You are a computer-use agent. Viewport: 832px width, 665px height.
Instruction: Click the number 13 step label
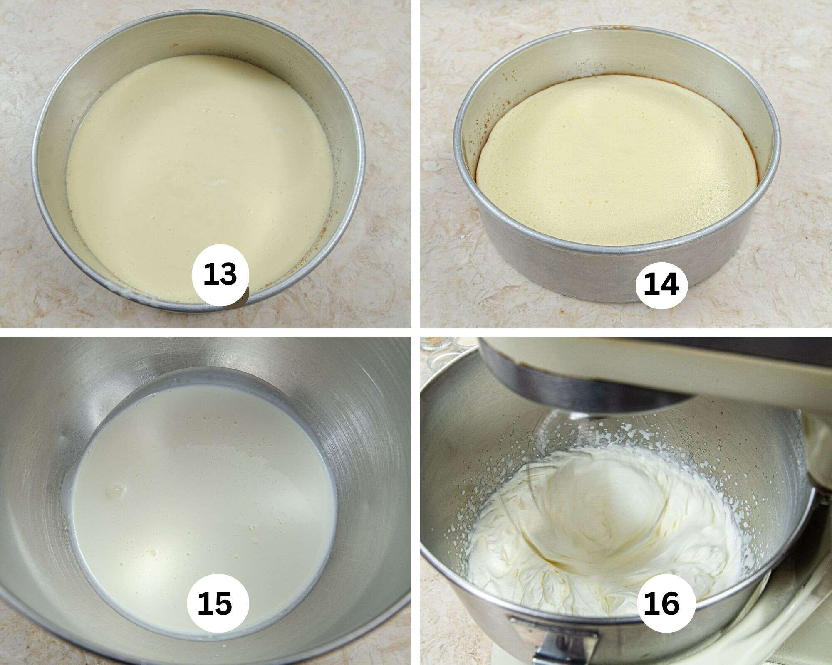tap(220, 275)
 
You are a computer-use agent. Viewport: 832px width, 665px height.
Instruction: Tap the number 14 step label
tap(661, 284)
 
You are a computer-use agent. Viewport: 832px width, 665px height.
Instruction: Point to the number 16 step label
tap(661, 603)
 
